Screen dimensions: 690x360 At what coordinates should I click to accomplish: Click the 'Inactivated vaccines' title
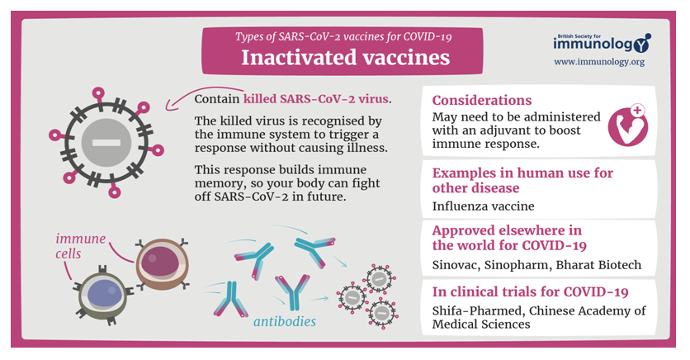coord(346,58)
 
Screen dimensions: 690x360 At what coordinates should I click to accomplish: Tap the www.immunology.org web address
coord(599,62)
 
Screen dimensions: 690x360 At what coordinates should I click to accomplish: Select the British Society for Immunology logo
coord(602,43)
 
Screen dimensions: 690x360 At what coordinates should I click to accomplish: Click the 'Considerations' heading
coord(482,101)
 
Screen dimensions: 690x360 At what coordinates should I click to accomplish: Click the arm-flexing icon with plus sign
coord(628,126)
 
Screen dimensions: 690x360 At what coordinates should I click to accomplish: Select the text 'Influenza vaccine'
coord(483,206)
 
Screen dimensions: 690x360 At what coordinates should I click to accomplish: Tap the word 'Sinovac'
coord(456,265)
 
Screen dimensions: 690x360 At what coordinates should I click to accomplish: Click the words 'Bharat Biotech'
coord(598,265)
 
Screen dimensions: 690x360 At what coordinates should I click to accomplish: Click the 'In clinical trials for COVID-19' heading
coord(530,291)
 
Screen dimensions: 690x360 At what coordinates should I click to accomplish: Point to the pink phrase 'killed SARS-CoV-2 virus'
coord(316,98)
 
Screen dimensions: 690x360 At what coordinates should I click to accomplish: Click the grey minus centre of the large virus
coord(106,142)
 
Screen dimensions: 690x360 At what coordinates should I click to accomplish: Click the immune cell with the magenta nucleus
coord(162,263)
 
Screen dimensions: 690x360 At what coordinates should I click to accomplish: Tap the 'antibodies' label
coord(285,322)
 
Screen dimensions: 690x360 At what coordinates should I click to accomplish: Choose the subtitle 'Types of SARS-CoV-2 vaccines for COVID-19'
coord(343,36)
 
